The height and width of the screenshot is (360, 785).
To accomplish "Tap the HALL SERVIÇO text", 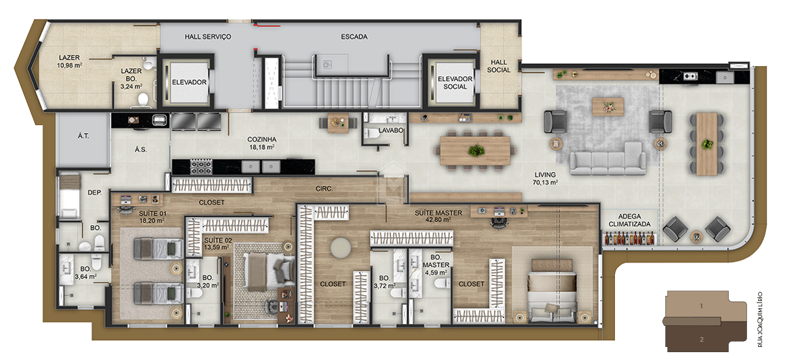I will (x=208, y=37).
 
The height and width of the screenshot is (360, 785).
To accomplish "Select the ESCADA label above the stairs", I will (x=354, y=37).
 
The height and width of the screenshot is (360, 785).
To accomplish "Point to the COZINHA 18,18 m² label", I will (x=261, y=143).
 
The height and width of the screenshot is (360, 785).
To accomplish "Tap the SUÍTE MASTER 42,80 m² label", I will (x=438, y=217).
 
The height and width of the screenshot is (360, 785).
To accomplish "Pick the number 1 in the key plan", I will (x=701, y=306).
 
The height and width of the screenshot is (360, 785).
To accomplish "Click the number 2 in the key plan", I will (x=701, y=339).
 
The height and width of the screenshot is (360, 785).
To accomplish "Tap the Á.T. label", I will (x=83, y=137).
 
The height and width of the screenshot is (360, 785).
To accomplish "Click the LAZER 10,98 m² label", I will (x=69, y=62).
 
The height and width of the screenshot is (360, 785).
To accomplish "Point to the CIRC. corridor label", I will (x=324, y=189).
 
